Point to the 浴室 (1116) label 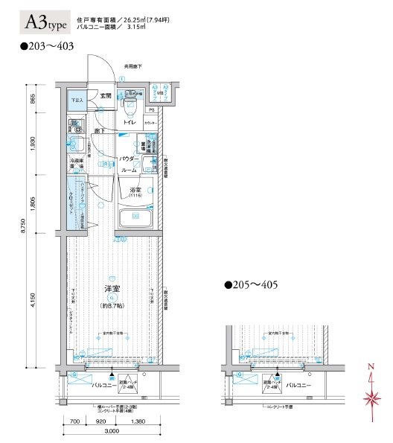pyautogui.click(x=136, y=192)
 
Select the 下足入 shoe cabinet pyautogui.click(x=77, y=100)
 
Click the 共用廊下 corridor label pyautogui.click(x=132, y=66)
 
